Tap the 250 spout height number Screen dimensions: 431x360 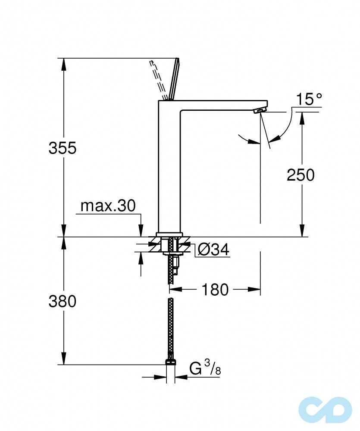[301, 175]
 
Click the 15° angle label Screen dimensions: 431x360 [309, 100]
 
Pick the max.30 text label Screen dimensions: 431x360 [108, 206]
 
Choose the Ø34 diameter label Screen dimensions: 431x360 [212, 250]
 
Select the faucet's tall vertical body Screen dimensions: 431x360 [169, 168]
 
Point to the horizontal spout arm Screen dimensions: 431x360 [220, 105]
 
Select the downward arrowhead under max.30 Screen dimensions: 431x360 [141, 231]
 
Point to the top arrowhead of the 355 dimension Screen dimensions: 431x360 [63, 63]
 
